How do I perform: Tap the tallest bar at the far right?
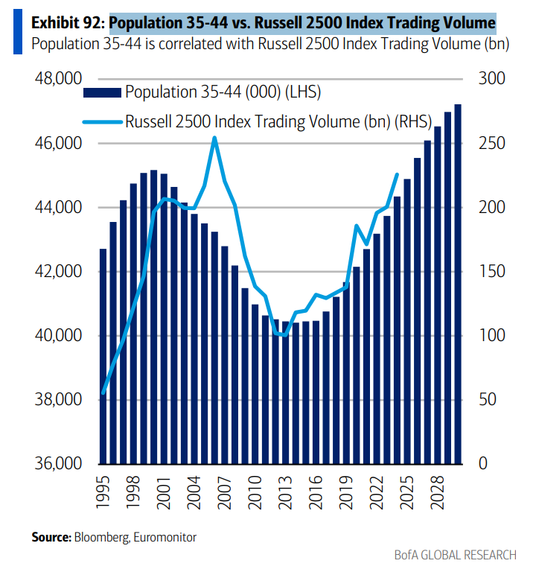click(x=458, y=283)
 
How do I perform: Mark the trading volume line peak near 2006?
click(x=214, y=138)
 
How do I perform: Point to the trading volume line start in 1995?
click(x=103, y=393)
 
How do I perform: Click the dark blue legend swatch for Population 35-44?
click(x=102, y=92)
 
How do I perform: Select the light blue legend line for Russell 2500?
click(x=102, y=121)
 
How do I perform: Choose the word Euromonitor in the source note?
click(x=167, y=536)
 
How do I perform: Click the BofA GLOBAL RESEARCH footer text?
click(x=455, y=555)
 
